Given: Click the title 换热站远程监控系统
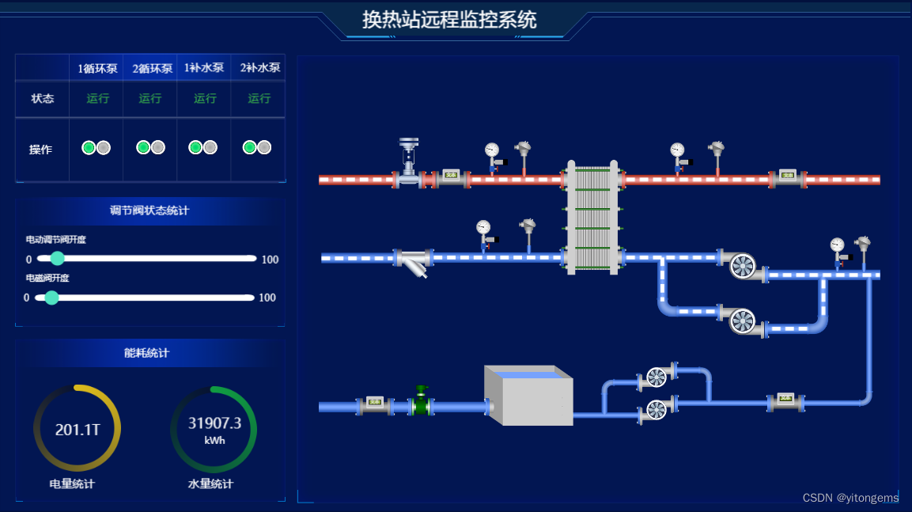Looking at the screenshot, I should point(449,19).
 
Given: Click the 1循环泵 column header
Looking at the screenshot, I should point(97,68).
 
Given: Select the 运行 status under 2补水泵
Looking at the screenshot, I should point(259,98).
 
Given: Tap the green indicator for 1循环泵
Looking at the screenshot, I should point(89,147).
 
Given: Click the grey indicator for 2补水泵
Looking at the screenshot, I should point(264,147).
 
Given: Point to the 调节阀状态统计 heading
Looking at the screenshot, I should point(149,210).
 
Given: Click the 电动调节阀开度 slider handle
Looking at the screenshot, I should point(57,258).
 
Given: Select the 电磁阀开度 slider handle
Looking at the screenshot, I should point(52,298).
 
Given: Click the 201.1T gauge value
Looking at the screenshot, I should point(77,430).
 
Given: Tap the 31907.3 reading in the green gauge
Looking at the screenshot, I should point(214,423).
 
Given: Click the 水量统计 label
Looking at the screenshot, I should point(210,484).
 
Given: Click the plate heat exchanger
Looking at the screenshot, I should point(592,217).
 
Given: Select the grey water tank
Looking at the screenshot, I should point(528,396).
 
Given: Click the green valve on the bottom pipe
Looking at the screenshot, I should point(422,402).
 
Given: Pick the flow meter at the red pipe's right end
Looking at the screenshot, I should point(787,176).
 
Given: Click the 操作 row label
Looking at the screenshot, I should point(41,150).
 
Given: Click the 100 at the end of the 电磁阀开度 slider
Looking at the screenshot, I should point(267,298).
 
